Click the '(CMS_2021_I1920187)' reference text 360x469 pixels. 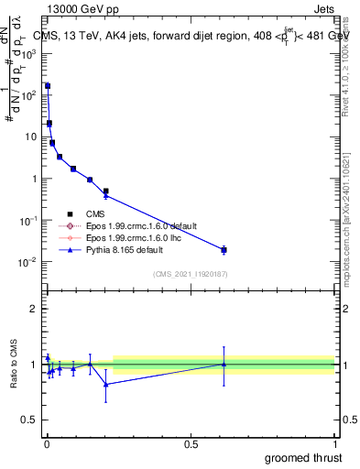[x=190, y=273]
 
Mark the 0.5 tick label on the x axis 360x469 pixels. [x=191, y=442]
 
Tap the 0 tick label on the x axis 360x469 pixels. [x=47, y=442]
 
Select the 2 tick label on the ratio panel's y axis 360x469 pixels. [x=35, y=309]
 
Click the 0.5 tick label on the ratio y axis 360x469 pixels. [x=30, y=420]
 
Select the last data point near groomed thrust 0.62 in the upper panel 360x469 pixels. [x=224, y=249]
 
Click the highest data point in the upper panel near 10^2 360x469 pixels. [x=48, y=86]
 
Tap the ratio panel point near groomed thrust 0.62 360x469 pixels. [x=224, y=364]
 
